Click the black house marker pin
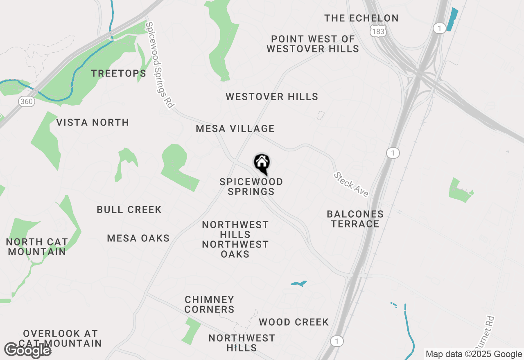(x=262, y=164)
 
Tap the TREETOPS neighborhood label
(x=118, y=74)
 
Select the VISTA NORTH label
(x=93, y=122)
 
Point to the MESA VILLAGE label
(x=235, y=129)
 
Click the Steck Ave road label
(x=351, y=184)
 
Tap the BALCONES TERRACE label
(x=355, y=219)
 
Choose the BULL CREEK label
(x=129, y=209)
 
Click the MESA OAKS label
(x=138, y=238)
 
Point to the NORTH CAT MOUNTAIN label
(x=37, y=247)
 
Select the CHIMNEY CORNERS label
(x=209, y=304)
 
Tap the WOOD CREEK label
(x=294, y=322)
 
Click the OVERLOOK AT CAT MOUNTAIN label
(x=61, y=338)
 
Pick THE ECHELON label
(x=361, y=18)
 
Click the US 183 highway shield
(x=377, y=31)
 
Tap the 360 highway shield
(x=26, y=101)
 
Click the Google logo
(x=28, y=350)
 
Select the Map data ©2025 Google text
(x=474, y=354)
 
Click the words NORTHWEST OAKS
(x=235, y=249)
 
